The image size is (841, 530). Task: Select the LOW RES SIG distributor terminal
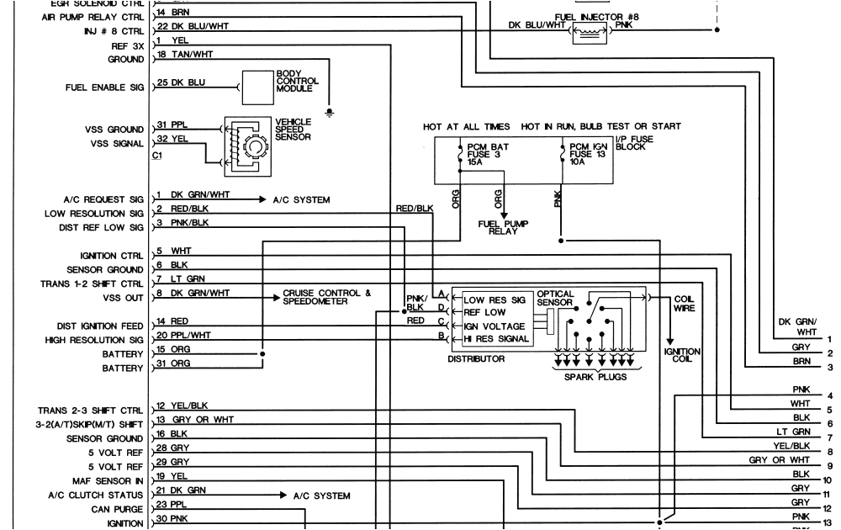[495, 299]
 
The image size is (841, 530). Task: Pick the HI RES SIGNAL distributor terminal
[496, 338]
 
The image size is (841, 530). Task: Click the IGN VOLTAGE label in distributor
[495, 326]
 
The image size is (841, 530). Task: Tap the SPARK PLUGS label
[595, 376]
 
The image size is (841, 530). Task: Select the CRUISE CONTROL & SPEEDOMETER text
[326, 297]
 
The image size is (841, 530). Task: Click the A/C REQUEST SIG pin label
[103, 199]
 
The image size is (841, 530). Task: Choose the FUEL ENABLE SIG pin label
[103, 87]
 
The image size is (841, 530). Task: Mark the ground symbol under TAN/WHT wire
[330, 111]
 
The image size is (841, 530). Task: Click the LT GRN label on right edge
[795, 432]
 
